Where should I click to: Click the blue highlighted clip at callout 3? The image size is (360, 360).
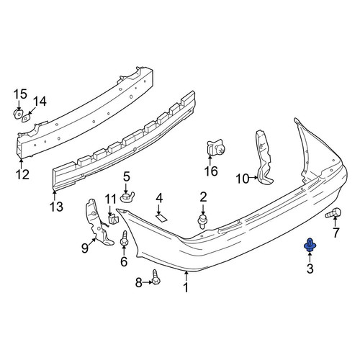310,245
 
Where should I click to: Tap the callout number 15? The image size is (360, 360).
20,94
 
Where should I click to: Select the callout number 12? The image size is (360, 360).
22,174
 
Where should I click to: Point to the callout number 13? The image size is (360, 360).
56,207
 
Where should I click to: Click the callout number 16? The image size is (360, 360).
211,171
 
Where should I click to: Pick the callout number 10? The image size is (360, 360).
243,179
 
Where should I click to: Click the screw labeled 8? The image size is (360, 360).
156,277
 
